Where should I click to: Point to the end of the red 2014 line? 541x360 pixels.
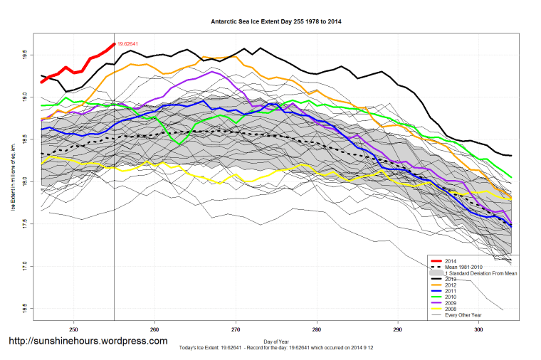click(x=115, y=44)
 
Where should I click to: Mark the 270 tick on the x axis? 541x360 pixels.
click(x=236, y=329)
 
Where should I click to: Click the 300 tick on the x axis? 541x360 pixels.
click(x=479, y=329)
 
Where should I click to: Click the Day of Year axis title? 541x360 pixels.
click(x=277, y=341)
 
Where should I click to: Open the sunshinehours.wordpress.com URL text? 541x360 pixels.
click(x=88, y=341)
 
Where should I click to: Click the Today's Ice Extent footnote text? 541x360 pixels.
click(x=277, y=347)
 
